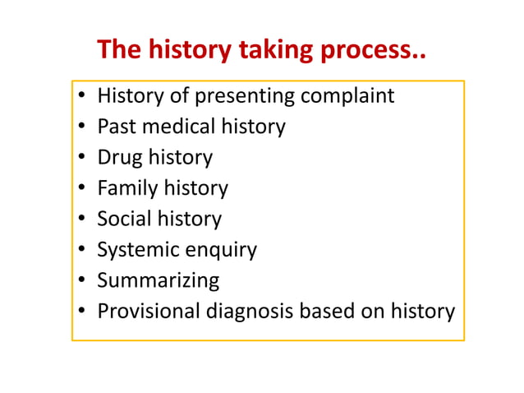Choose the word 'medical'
tap(193, 127)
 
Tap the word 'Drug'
tap(119, 158)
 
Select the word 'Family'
tap(126, 188)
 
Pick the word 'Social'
tap(124, 219)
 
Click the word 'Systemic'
tap(137, 250)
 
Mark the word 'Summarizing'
tap(159, 280)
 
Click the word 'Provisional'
tap(152, 312)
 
